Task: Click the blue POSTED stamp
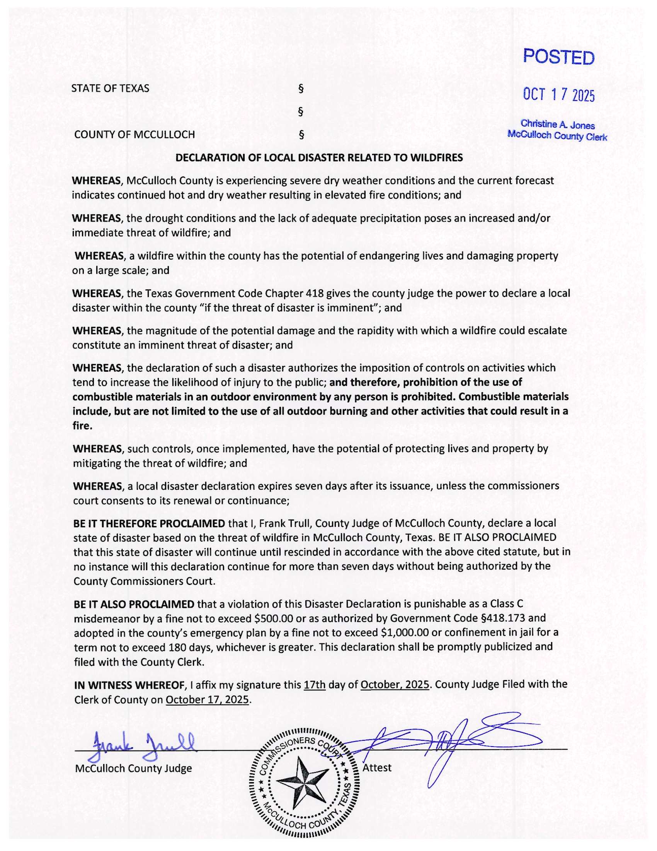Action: coord(558,58)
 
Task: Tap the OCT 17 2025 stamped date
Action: coord(558,94)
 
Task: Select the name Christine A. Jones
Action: coord(557,125)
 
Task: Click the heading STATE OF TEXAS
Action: coord(110,89)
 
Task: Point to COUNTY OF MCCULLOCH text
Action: coord(134,135)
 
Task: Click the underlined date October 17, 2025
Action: coord(207,700)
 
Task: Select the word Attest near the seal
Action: coord(377,767)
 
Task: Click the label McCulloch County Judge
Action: coord(133,768)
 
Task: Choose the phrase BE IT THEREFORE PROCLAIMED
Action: coord(149,523)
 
